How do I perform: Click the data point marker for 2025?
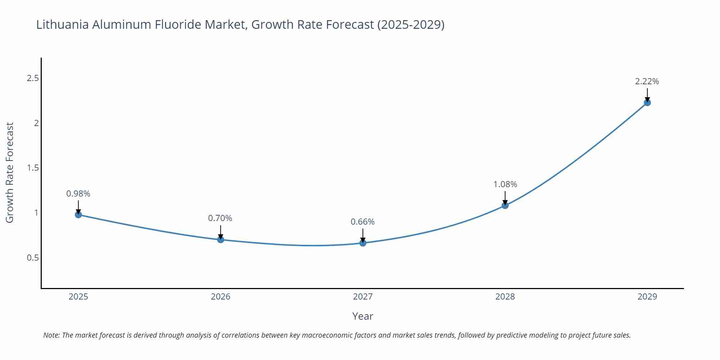click(x=78, y=215)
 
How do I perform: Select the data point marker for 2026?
click(x=221, y=239)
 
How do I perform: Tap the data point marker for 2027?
click(x=363, y=243)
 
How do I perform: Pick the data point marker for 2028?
click(x=505, y=205)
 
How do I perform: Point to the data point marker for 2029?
click(x=647, y=103)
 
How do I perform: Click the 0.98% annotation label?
click(x=78, y=194)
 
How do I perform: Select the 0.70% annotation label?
click(x=220, y=218)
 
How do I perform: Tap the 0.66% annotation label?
click(x=363, y=222)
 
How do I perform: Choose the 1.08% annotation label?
click(x=505, y=184)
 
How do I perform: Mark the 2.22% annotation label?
click(x=647, y=81)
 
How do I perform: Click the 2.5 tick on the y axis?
click(x=33, y=78)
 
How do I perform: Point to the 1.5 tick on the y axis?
click(x=33, y=168)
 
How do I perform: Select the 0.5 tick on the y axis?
click(x=33, y=258)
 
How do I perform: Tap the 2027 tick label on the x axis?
click(x=363, y=297)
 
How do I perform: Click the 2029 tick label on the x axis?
click(x=647, y=297)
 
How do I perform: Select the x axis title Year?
click(x=363, y=316)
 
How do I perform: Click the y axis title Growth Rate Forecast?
click(x=10, y=172)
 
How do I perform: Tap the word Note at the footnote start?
click(x=51, y=335)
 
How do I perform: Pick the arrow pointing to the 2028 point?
click(x=505, y=197)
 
